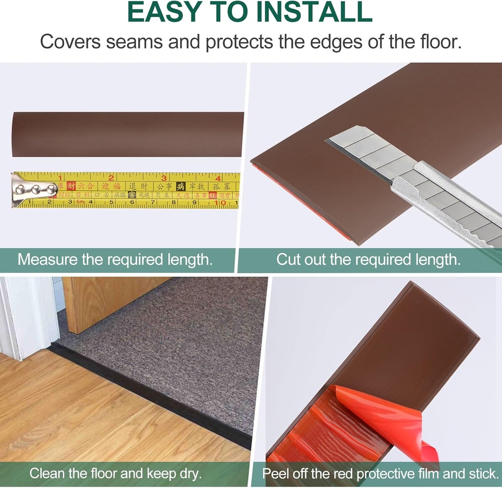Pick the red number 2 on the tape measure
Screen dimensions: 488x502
click(x=111, y=178)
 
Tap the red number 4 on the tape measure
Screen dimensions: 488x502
click(x=218, y=178)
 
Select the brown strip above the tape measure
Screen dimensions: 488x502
click(x=127, y=134)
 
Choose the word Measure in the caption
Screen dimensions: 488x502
click(x=47, y=259)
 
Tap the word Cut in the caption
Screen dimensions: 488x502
click(x=288, y=259)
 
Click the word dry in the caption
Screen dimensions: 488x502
click(x=190, y=474)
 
